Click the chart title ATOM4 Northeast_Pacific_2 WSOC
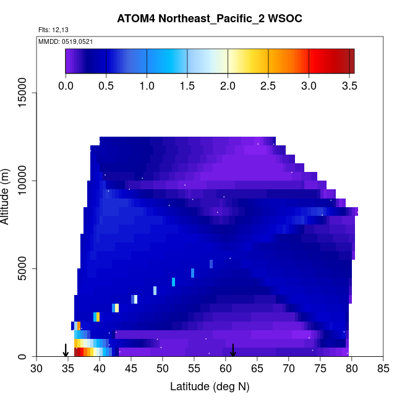pyautogui.click(x=210, y=19)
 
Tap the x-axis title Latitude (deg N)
pyautogui.click(x=210, y=387)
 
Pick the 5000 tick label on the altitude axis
pyautogui.click(x=25, y=268)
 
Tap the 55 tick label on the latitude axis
pyautogui.click(x=194, y=369)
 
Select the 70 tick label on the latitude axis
pyautogui.click(x=289, y=369)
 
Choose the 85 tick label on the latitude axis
pyautogui.click(x=383, y=369)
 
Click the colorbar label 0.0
pyautogui.click(x=66, y=86)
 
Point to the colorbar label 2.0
pyautogui.click(x=228, y=86)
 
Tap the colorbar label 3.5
pyautogui.click(x=349, y=86)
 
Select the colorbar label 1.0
pyautogui.click(x=147, y=86)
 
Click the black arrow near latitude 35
pyautogui.click(x=66, y=350)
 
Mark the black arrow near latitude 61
pyautogui.click(x=233, y=350)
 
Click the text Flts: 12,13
pyautogui.click(x=52, y=30)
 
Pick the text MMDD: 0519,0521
pyautogui.click(x=61, y=41)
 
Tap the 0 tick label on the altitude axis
pyautogui.click(x=25, y=356)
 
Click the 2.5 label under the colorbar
pyautogui.click(x=268, y=86)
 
